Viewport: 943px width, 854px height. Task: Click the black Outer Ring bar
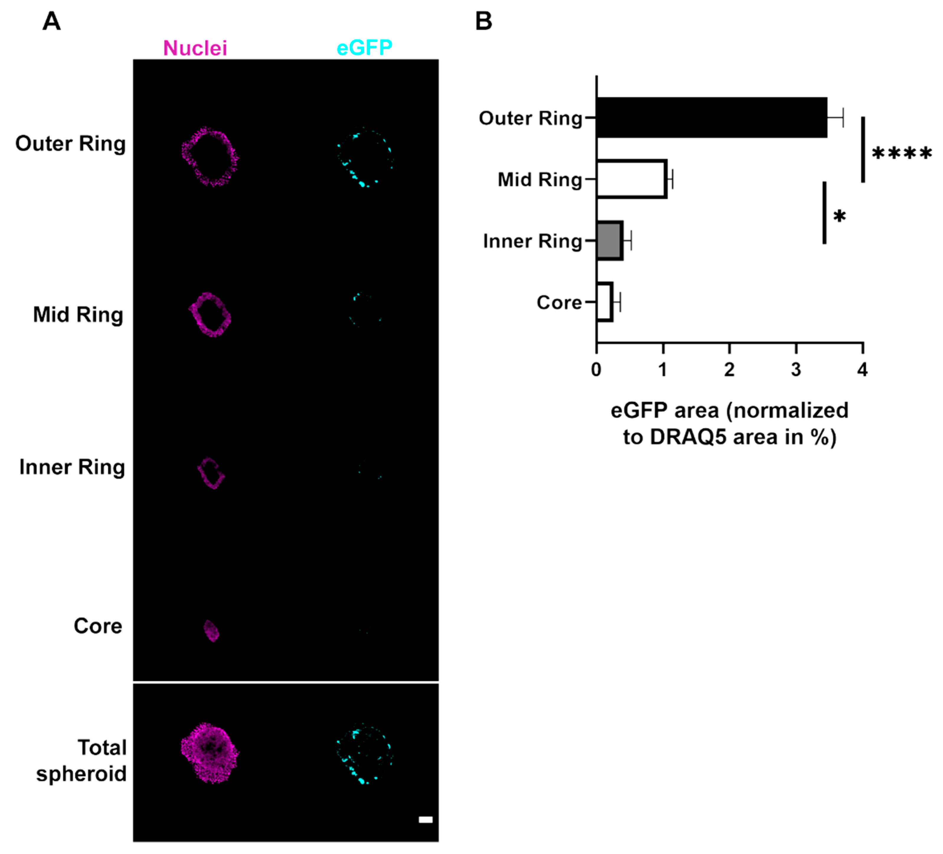711,118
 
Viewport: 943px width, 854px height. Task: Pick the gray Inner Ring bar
609,241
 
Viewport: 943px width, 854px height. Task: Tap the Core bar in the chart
604,302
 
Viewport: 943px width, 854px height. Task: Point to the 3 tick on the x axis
796,370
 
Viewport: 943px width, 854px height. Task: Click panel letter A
51,22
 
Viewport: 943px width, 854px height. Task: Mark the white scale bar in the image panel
425,819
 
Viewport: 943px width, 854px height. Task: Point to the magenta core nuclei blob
211,631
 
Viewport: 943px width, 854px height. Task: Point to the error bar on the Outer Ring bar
835,118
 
